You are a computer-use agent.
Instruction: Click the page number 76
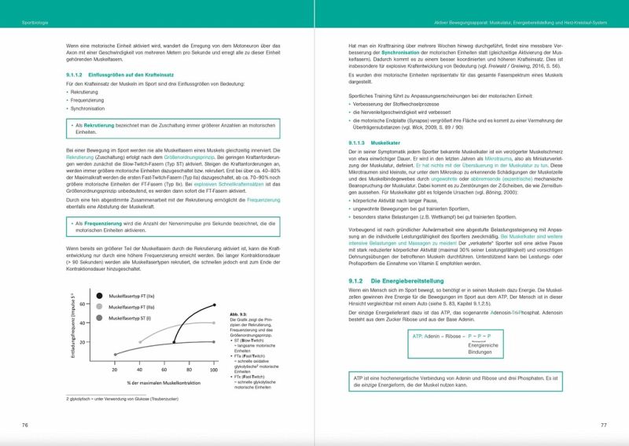pyautogui.click(x=26, y=425)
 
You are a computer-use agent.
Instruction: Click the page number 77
pyautogui.click(x=603, y=425)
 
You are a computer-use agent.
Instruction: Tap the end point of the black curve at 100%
pyautogui.click(x=212, y=305)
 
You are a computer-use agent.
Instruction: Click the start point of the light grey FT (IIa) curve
pyautogui.click(x=139, y=342)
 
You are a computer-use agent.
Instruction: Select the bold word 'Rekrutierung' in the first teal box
pyautogui.click(x=99, y=125)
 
